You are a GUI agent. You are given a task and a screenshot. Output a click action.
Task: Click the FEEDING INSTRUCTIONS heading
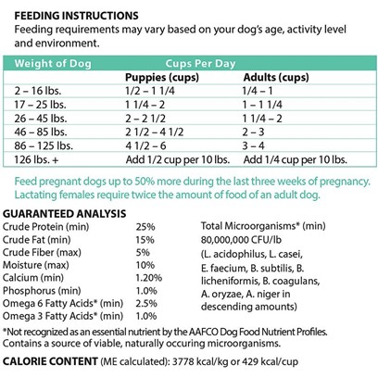[76, 16]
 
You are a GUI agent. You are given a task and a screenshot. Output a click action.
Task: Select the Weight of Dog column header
[53, 63]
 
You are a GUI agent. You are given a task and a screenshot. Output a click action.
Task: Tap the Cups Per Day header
[200, 63]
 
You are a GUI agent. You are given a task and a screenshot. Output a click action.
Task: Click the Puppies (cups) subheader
[162, 77]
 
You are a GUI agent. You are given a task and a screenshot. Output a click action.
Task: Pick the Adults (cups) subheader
[276, 77]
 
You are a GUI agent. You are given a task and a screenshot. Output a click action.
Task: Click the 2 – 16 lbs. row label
[38, 91]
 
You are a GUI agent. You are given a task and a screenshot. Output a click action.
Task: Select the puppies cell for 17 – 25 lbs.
[145, 105]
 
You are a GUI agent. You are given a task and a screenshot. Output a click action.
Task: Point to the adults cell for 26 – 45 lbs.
[262, 119]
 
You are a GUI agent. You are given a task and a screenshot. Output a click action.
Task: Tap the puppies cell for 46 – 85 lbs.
[154, 132]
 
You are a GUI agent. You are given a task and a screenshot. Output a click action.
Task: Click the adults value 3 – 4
[254, 145]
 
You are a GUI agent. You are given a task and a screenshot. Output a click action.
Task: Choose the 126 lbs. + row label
[36, 159]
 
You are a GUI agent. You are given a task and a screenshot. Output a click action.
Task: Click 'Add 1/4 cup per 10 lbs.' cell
[296, 159]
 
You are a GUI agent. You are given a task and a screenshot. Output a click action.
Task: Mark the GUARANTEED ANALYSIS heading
[64, 214]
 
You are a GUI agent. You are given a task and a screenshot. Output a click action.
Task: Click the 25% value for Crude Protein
[145, 227]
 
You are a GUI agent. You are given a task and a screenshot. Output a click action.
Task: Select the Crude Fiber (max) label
[42, 253]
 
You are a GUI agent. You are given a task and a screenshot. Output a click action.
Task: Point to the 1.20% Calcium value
[148, 278]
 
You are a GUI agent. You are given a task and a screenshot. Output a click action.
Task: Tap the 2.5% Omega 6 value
[146, 303]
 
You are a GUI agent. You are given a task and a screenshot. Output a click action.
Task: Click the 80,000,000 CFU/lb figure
[241, 240]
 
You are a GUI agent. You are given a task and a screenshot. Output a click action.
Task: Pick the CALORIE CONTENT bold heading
[50, 361]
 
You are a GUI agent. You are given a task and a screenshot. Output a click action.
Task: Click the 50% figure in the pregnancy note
[145, 182]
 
